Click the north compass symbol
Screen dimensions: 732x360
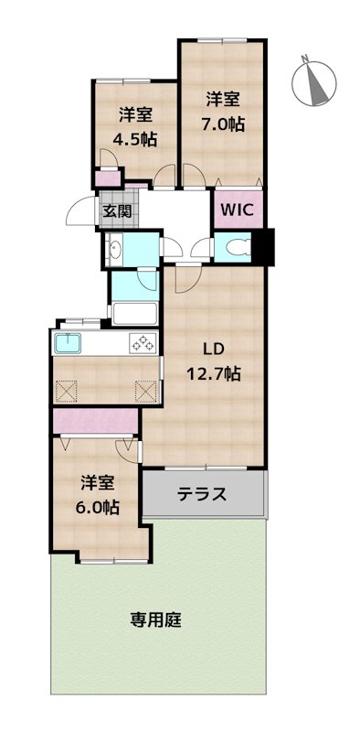coord(315,81)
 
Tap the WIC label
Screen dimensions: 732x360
coord(240,209)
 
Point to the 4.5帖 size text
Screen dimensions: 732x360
coord(133,139)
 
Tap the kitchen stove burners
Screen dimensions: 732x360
coord(143,344)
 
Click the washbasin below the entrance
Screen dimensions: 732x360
coord(115,250)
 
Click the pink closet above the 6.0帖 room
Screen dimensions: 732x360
coord(95,422)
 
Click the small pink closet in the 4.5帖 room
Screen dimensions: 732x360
coord(109,178)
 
